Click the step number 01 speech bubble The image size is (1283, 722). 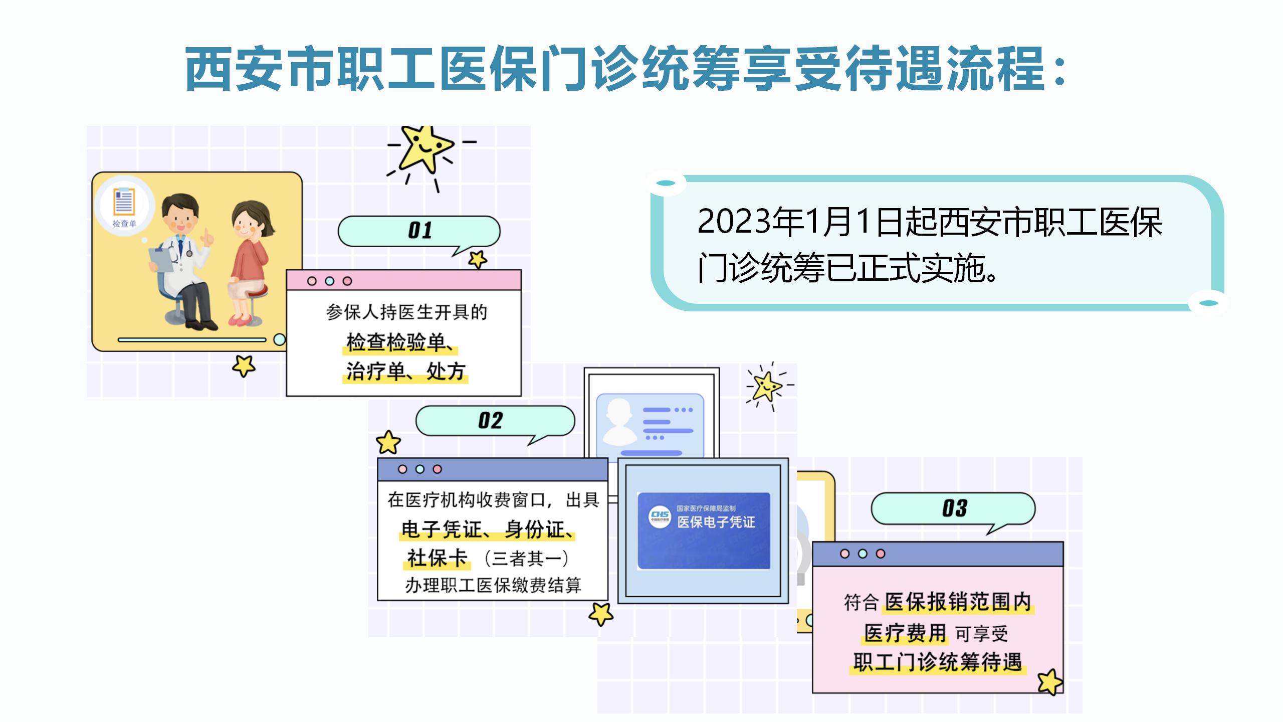pos(419,231)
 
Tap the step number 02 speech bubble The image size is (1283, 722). pos(495,421)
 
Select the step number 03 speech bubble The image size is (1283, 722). pos(953,508)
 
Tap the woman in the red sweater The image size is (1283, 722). pos(249,263)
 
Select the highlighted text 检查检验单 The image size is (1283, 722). pos(395,342)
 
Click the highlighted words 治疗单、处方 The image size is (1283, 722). pos(405,372)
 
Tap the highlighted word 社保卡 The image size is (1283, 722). pos(437,558)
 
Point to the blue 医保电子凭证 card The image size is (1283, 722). pos(704,530)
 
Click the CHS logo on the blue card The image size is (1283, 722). pos(660,516)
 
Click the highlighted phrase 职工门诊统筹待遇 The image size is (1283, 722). pos(938,661)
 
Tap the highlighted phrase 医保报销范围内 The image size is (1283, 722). pos(958,602)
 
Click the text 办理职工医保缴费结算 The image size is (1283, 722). pos(493,585)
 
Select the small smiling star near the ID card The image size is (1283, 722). pos(766,386)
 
